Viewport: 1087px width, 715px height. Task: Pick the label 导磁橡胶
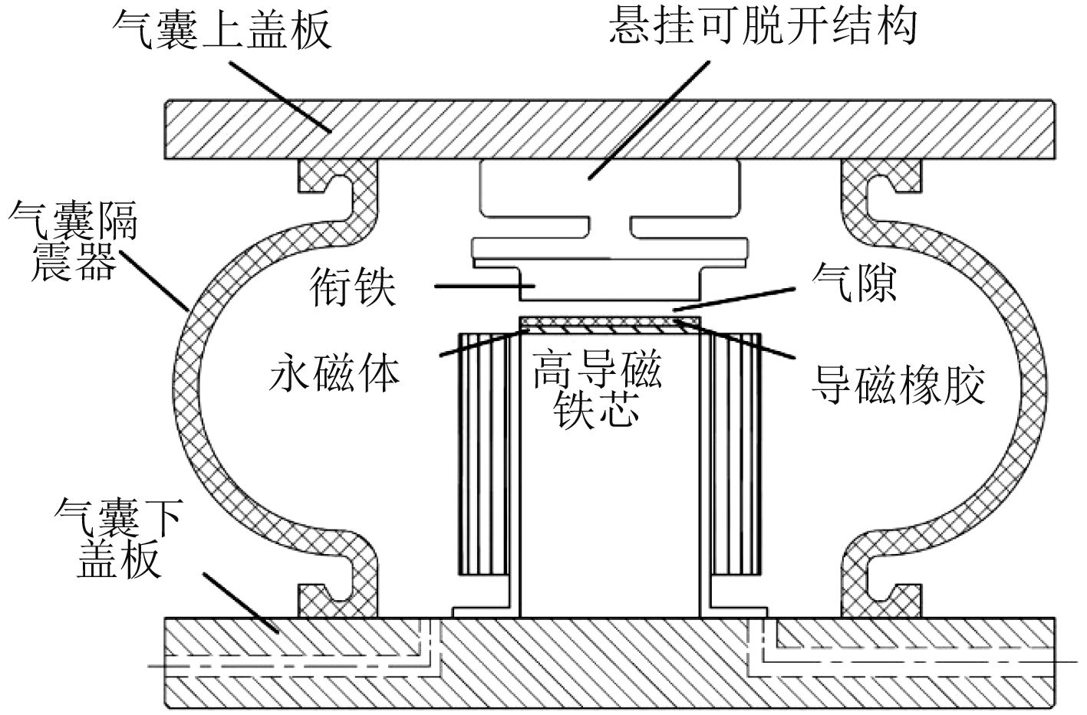(898, 384)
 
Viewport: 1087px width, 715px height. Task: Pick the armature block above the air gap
(611, 287)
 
